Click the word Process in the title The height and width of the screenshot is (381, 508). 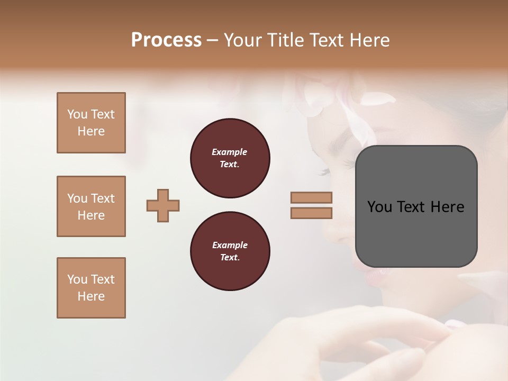coord(166,40)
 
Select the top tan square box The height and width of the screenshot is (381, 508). coord(91,123)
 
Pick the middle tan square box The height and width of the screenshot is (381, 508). coord(91,206)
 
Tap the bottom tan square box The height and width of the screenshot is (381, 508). coord(91,288)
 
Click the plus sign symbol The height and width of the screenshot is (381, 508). coord(163,205)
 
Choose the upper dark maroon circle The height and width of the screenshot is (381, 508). coord(230,158)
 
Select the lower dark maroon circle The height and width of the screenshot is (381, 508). coord(230,251)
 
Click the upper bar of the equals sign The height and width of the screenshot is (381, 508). coord(311,197)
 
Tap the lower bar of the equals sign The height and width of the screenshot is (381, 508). coord(311,213)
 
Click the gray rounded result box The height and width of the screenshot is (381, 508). coord(416,206)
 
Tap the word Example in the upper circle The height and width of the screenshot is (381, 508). coord(229,152)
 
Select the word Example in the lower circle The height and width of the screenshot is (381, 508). coord(230,245)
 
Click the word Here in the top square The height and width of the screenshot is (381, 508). coord(91,131)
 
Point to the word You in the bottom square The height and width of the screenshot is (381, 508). coord(77,279)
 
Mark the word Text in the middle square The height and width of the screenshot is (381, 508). coord(103,198)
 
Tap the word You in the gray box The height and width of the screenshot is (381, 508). coord(379,207)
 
